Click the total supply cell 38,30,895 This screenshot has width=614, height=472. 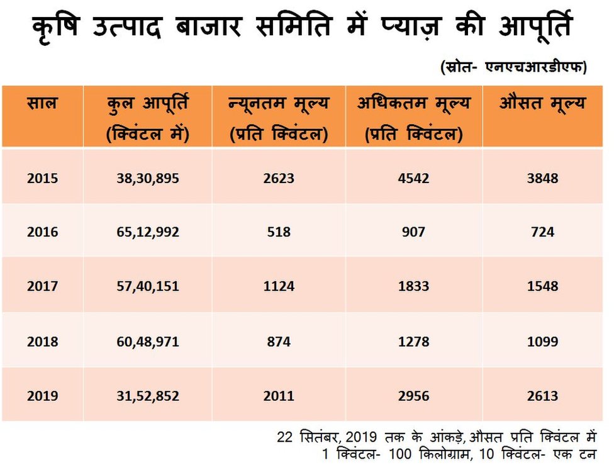[x=148, y=178]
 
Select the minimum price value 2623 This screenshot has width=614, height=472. [x=279, y=178]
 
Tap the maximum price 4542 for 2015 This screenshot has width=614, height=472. [x=413, y=178]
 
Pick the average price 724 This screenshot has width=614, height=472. [x=542, y=232]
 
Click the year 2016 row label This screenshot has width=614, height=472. [x=42, y=232]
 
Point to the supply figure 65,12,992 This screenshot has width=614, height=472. [x=148, y=232]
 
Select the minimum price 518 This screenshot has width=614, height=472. [x=279, y=232]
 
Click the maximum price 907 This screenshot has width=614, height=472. [x=413, y=232]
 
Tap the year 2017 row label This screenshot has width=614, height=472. [x=42, y=286]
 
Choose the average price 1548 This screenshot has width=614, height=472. [x=542, y=286]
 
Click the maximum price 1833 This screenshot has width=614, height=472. [x=413, y=286]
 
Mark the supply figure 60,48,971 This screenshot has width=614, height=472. [x=148, y=342]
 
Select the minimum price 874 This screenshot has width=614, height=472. [x=279, y=342]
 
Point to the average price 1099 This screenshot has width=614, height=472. [x=542, y=342]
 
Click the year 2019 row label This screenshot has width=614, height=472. [x=42, y=396]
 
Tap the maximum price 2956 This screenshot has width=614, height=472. [x=413, y=396]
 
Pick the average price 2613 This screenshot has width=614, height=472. [x=542, y=396]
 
